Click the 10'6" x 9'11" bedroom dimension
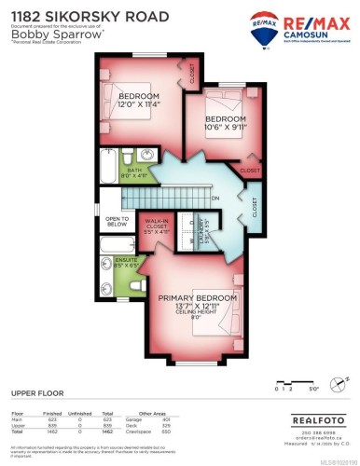(x=225, y=129)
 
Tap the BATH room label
(x=134, y=170)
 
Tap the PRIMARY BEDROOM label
(x=197, y=298)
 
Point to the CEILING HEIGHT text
(x=197, y=313)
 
